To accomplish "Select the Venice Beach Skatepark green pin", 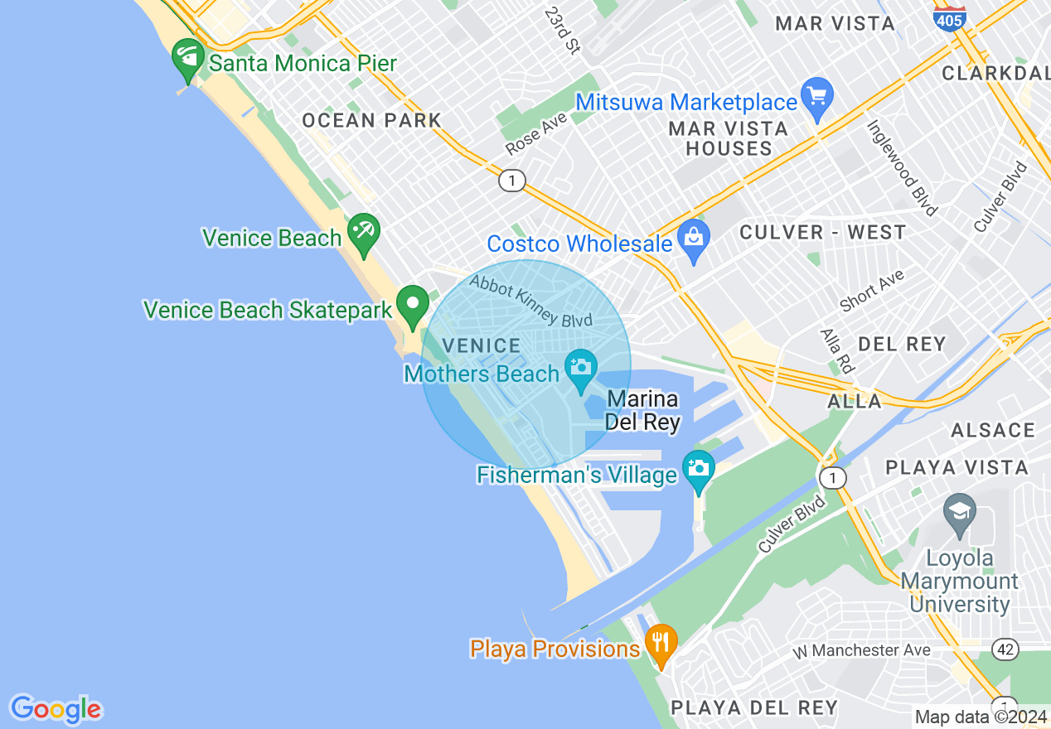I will point(413,305).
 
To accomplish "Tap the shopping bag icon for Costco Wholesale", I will point(694,238).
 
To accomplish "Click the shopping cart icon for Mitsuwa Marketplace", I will point(818,96).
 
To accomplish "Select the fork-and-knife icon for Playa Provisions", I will point(661,643).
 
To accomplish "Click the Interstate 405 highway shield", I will point(949,17).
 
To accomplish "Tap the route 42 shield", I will point(1005,650).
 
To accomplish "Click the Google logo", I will point(56,709).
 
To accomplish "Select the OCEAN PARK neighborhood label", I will point(371,120).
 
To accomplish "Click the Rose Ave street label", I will point(536,133).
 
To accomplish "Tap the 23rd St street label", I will point(562,31).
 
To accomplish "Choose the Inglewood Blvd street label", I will point(903,167).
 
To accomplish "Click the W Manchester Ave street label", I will point(861,650).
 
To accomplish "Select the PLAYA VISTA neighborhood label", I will point(957,468).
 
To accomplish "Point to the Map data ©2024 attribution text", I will point(981,717).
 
